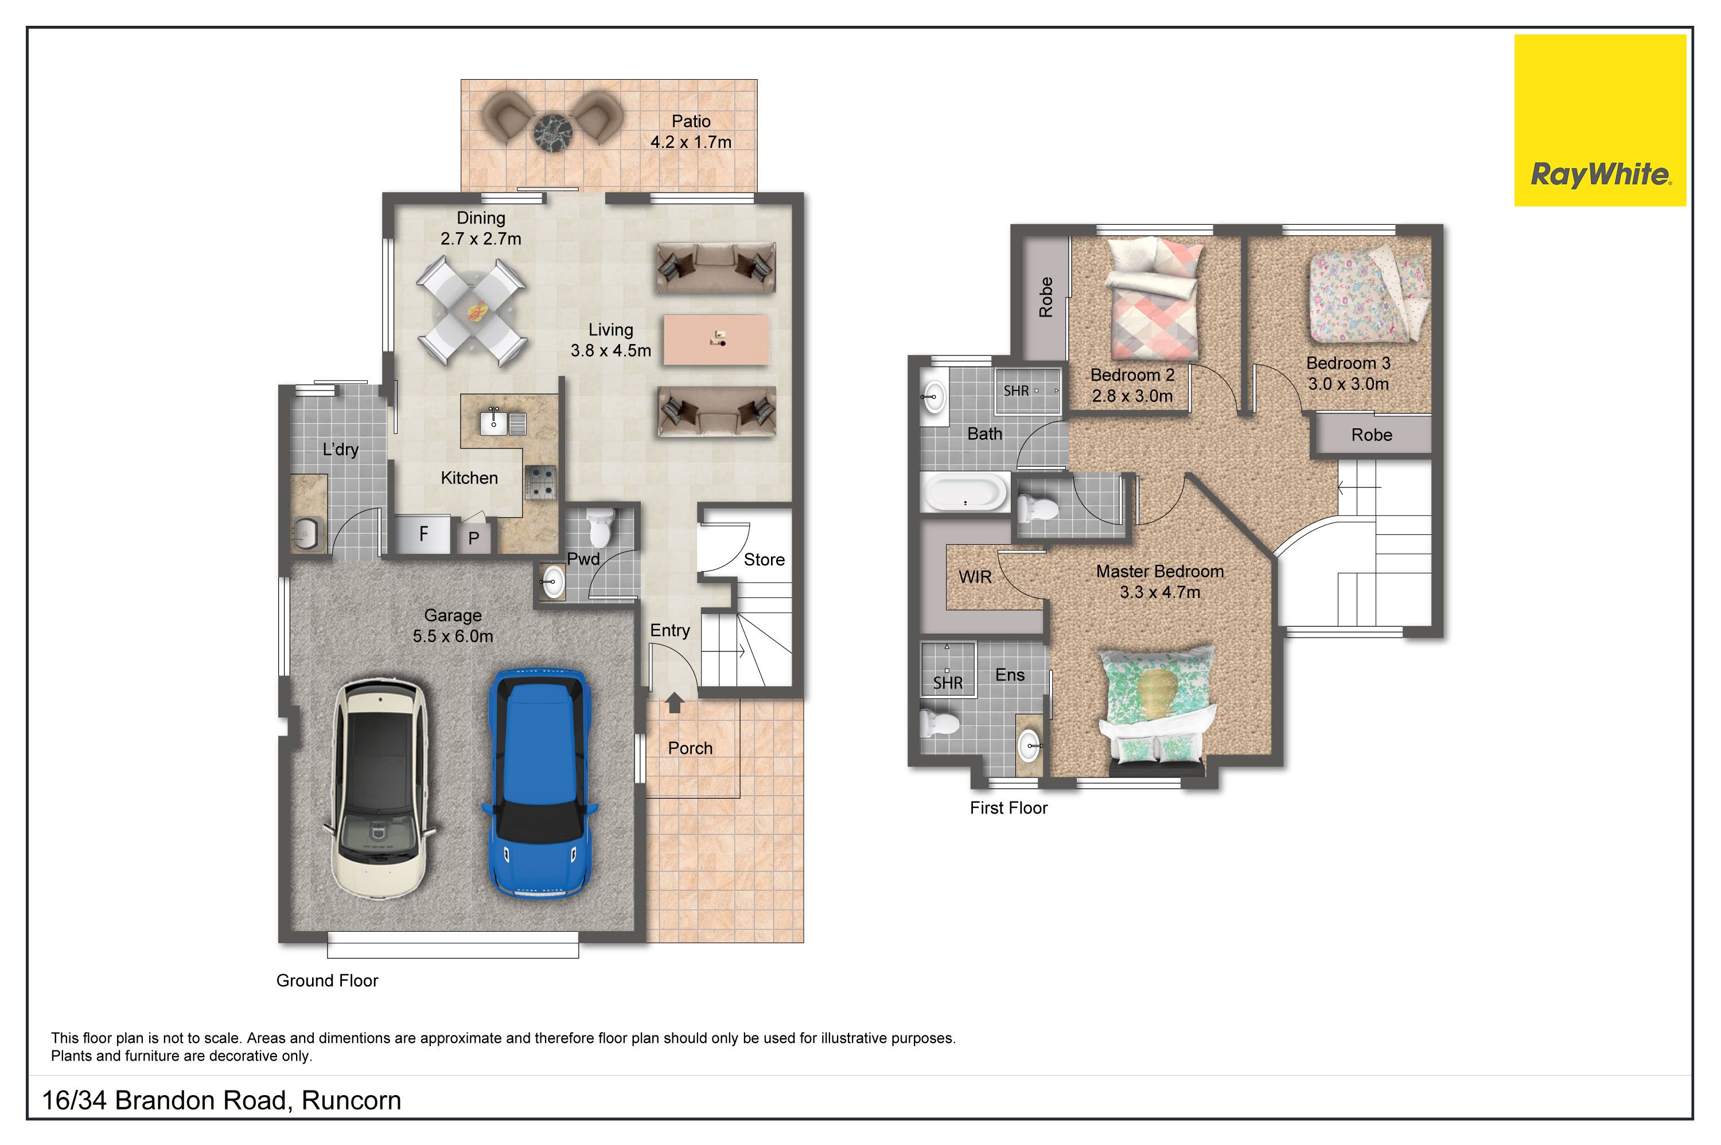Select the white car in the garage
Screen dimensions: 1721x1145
pyautogui.click(x=379, y=788)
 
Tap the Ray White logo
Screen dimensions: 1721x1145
pyautogui.click(x=1600, y=120)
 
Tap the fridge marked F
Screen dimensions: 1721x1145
pyautogui.click(x=422, y=534)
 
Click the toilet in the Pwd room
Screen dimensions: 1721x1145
pyautogui.click(x=599, y=527)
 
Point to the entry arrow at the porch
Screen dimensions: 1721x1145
pyautogui.click(x=674, y=702)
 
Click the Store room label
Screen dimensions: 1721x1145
pyautogui.click(x=764, y=560)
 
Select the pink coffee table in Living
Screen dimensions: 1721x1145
pyautogui.click(x=716, y=339)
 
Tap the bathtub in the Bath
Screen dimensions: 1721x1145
pyautogui.click(x=965, y=492)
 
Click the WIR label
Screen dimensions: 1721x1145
pyautogui.click(x=975, y=577)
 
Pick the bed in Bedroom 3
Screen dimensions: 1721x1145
pyautogui.click(x=1368, y=296)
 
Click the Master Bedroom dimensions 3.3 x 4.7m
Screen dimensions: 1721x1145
pyautogui.click(x=1160, y=592)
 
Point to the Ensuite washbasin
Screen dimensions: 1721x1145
pyautogui.click(x=1030, y=745)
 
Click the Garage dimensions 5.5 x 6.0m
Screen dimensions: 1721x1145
pyautogui.click(x=453, y=636)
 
